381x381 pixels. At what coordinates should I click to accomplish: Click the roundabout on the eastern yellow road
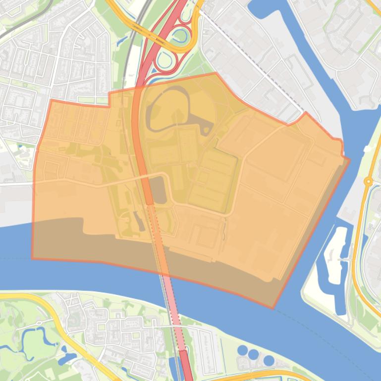pos(368,182)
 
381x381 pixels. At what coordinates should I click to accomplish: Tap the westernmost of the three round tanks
pos(242,350)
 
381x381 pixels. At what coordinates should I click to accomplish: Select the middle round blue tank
pos(254,354)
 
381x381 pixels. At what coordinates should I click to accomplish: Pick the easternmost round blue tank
pos(268,360)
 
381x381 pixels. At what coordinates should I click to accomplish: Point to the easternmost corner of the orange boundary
pos(349,159)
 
